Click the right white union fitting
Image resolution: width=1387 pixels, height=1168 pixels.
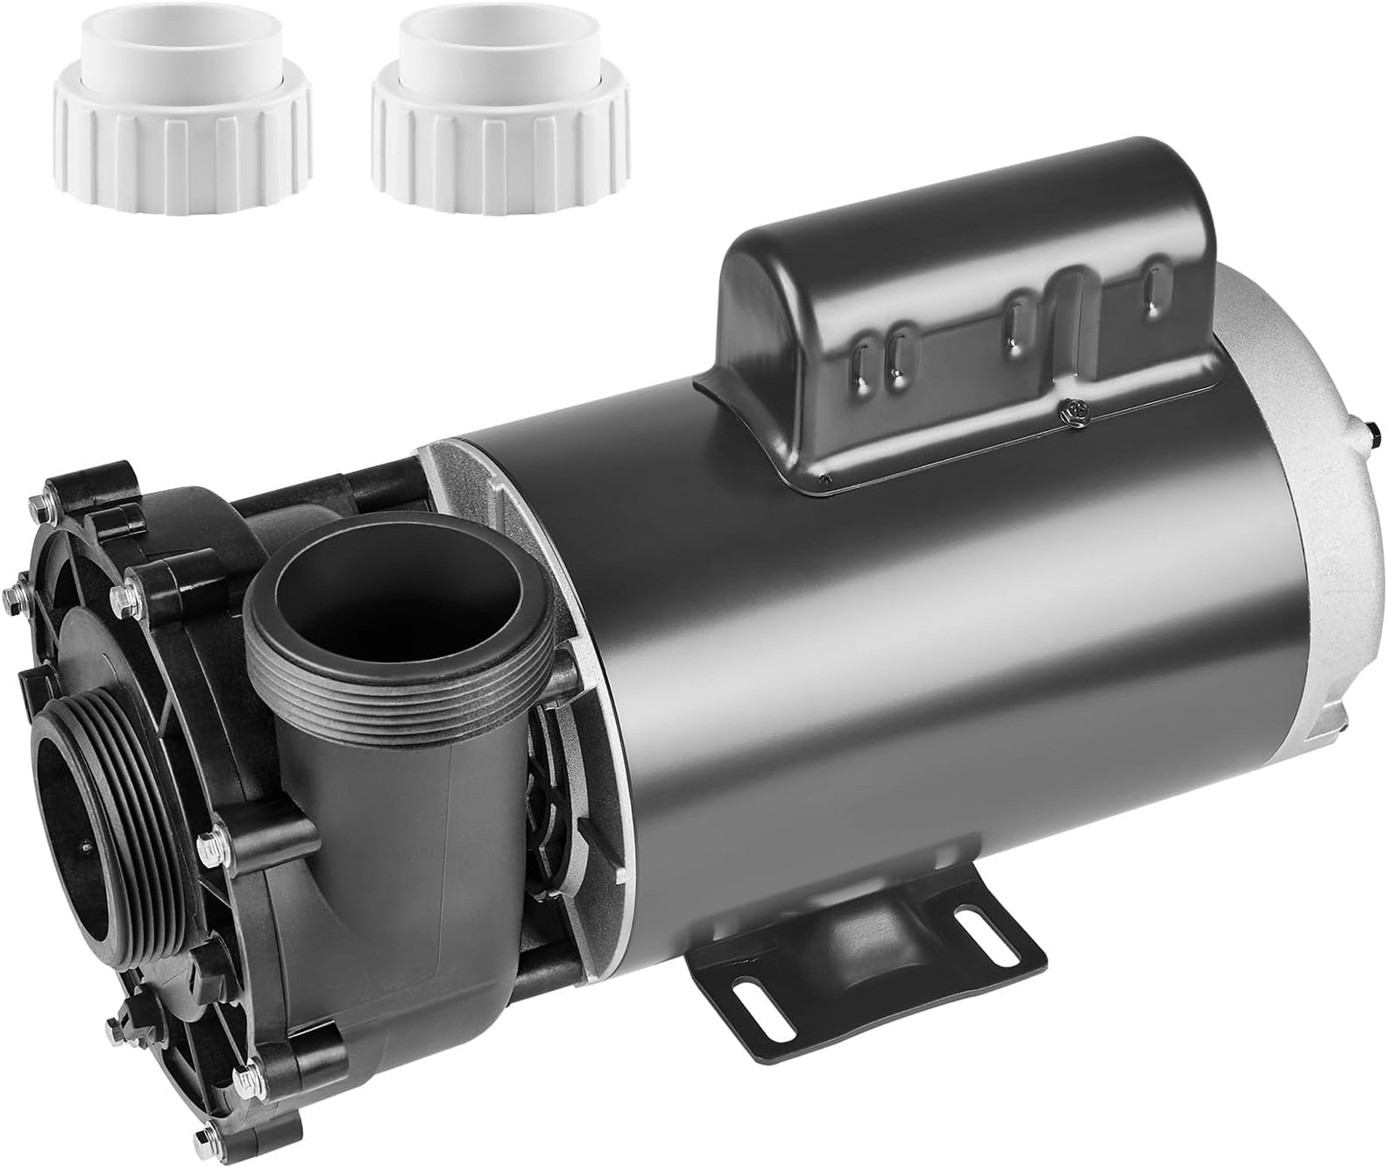[x=499, y=109]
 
